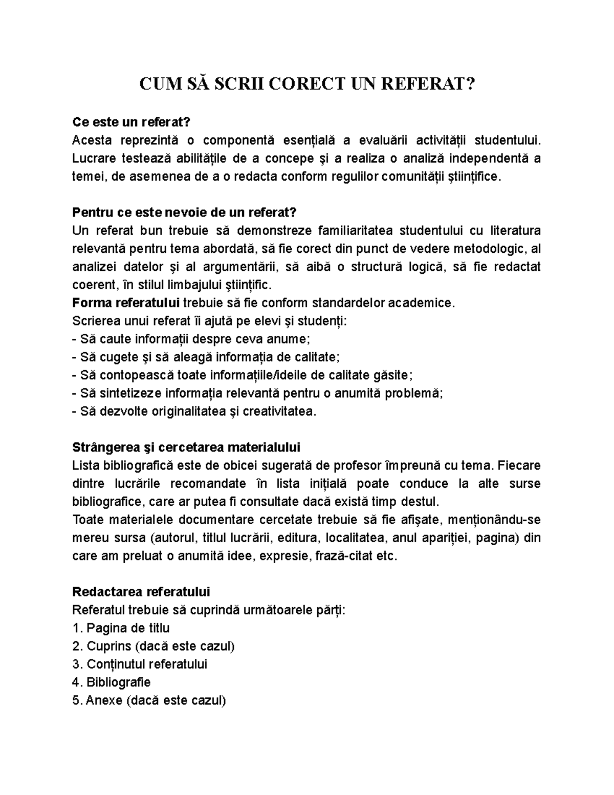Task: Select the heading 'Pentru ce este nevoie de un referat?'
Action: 184,212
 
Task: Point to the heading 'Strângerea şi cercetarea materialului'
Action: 186,447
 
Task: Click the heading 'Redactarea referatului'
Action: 141,592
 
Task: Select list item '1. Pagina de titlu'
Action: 121,628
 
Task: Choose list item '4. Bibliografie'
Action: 112,682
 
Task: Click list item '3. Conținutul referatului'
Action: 140,664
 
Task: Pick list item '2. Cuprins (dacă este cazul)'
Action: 153,646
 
